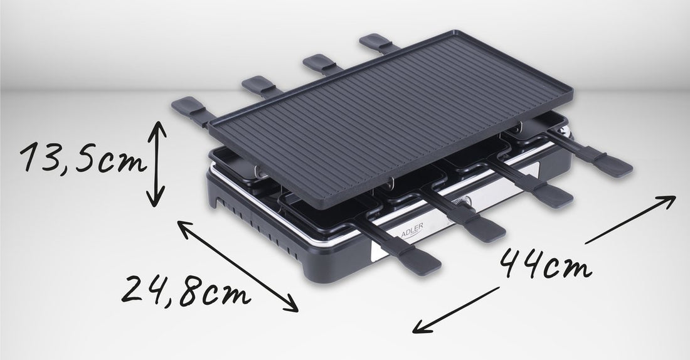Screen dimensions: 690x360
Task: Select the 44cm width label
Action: (x=545, y=263)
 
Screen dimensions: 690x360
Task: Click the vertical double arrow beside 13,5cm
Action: (x=156, y=164)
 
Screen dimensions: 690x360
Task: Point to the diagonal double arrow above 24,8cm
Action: (x=238, y=267)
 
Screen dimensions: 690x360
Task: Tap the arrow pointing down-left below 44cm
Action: (x=455, y=310)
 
